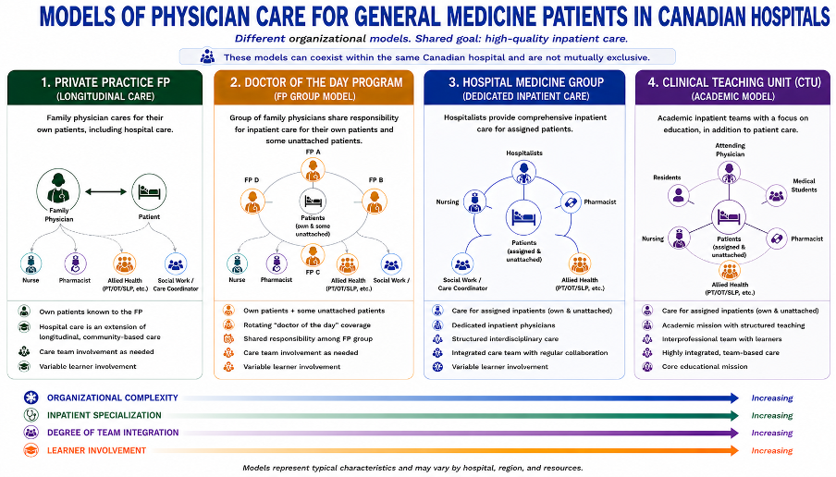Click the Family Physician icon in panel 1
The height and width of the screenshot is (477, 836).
pos(58,190)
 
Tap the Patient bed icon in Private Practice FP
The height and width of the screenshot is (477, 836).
pos(149,191)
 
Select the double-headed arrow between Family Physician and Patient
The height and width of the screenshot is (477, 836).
pos(105,192)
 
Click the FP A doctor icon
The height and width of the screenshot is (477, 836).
pos(313,170)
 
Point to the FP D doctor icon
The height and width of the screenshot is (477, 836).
pos(252,202)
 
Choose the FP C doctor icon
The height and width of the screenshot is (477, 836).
pos(313,256)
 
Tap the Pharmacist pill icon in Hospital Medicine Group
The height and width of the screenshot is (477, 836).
pos(571,202)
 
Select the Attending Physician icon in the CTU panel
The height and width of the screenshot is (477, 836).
pos(729,173)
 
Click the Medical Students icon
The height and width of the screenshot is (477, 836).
pos(776,196)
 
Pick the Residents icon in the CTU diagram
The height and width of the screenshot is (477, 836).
pos(678,196)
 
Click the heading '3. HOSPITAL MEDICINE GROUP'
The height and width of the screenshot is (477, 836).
pos(525,82)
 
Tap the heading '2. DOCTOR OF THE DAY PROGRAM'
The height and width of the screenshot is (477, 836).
pos(316,82)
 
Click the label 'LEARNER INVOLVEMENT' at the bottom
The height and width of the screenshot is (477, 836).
pos(96,450)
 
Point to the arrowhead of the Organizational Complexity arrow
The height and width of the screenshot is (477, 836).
pos(734,397)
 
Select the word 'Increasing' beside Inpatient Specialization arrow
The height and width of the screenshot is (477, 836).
pos(771,415)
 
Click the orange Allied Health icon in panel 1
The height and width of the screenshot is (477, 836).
pos(125,263)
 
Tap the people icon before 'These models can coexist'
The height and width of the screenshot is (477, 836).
pos(207,56)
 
